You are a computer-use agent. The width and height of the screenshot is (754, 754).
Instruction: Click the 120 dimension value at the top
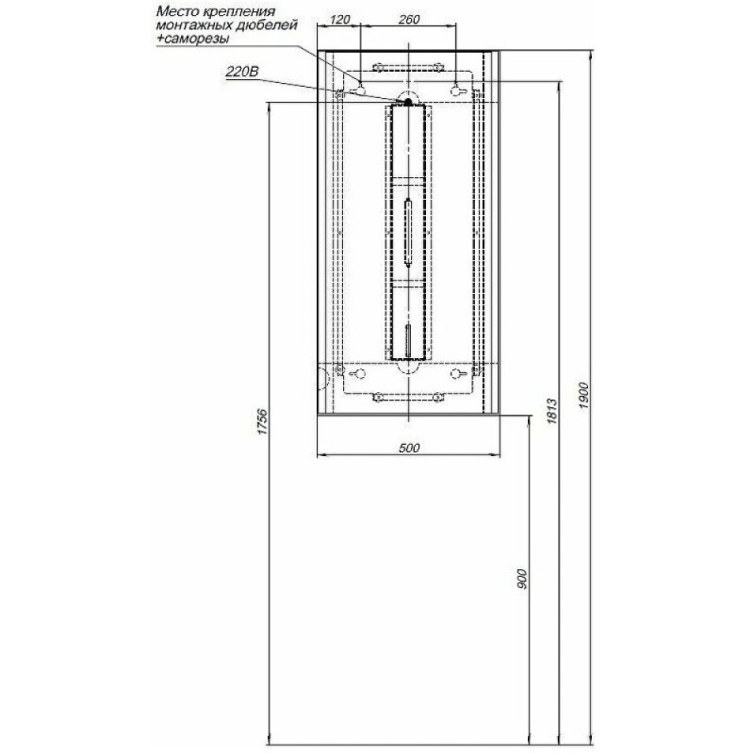coord(340,20)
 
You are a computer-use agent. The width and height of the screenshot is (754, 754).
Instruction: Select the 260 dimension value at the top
coord(409,20)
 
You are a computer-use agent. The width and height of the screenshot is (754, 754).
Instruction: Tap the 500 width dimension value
coord(409,449)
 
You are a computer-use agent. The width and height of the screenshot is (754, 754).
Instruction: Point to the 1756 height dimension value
coord(262,422)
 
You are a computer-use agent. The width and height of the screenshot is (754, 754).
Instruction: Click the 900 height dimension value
coord(522,579)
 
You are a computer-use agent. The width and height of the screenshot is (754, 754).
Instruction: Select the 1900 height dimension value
coord(583,395)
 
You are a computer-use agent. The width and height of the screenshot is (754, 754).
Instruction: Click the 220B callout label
coord(242,73)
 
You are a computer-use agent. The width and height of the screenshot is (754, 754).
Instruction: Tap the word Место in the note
coord(175,11)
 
